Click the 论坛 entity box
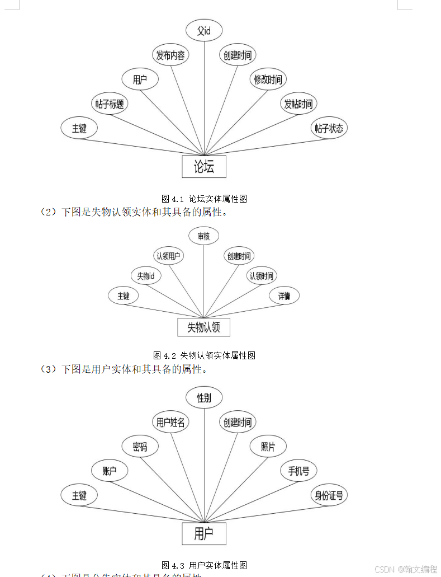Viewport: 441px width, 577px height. click(x=204, y=166)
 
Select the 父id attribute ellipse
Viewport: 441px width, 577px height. click(x=204, y=31)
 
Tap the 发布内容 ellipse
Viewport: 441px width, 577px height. click(x=170, y=55)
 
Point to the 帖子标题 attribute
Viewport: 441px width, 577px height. click(x=110, y=104)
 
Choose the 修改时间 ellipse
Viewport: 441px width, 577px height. click(x=268, y=79)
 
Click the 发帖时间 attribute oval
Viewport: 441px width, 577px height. click(x=298, y=104)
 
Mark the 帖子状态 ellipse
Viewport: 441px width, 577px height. click(x=329, y=128)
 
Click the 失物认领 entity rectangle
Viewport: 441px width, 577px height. click(x=203, y=327)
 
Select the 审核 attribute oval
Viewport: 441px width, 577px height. click(x=203, y=236)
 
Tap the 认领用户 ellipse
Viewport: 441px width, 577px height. click(x=169, y=256)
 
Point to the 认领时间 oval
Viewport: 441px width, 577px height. click(x=262, y=276)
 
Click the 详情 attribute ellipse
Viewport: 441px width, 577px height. click(x=284, y=295)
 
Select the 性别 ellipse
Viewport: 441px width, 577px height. click(x=204, y=398)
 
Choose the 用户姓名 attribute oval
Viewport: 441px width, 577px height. click(x=170, y=423)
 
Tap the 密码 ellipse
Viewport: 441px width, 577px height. click(x=140, y=447)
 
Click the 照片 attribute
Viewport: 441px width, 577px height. click(x=268, y=447)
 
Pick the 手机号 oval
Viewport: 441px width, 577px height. click(x=298, y=471)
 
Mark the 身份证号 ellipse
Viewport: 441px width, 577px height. click(x=329, y=495)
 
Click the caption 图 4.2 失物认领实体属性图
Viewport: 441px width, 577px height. click(x=204, y=355)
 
